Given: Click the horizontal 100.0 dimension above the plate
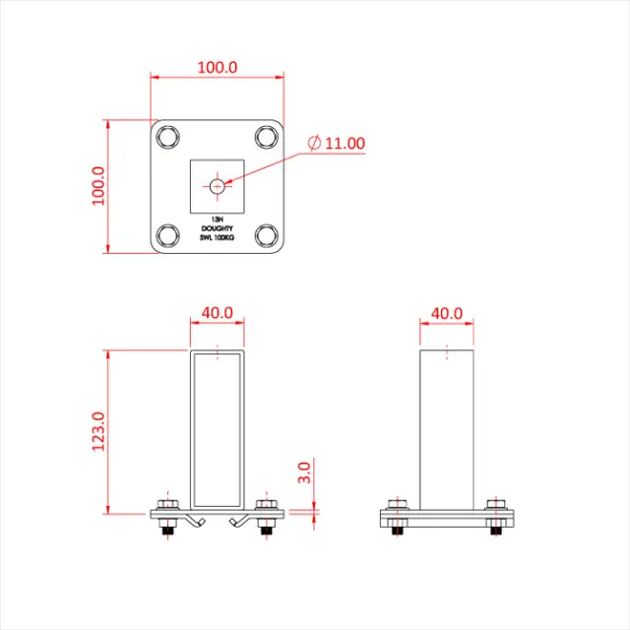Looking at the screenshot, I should [x=218, y=67].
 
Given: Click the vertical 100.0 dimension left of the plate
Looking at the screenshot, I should [x=97, y=186].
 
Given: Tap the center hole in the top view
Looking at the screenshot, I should [x=217, y=184].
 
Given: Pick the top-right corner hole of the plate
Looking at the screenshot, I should [x=266, y=136].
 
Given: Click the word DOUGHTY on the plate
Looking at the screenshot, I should [x=217, y=228].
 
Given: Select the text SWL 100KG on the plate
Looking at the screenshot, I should [x=217, y=237].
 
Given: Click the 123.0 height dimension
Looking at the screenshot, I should [x=97, y=431].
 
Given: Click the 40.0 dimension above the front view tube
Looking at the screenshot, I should [x=217, y=313].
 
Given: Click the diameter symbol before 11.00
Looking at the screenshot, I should [x=313, y=144].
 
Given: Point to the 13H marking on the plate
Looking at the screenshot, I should [x=217, y=220].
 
